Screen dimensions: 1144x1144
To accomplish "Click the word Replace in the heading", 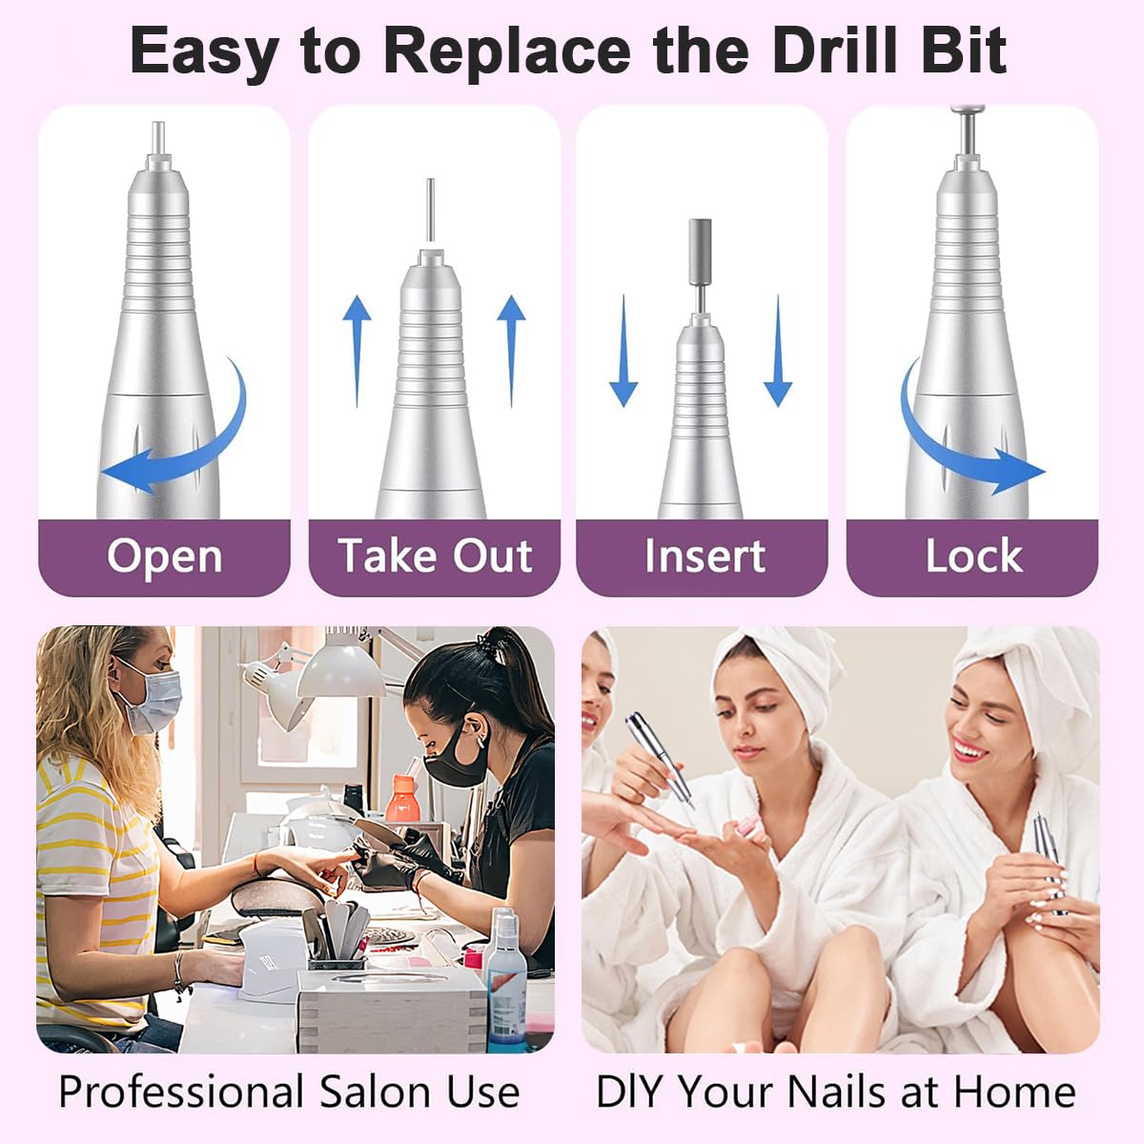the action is (507, 52).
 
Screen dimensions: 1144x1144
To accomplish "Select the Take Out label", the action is (435, 556).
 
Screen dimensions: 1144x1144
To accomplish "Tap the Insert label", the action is (705, 556).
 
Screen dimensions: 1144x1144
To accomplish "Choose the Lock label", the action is (973, 556).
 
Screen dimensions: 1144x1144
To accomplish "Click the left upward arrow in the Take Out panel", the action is (357, 351).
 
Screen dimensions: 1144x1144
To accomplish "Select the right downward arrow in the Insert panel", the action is (778, 351).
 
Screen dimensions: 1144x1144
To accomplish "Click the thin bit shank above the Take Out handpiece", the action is (430, 210).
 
